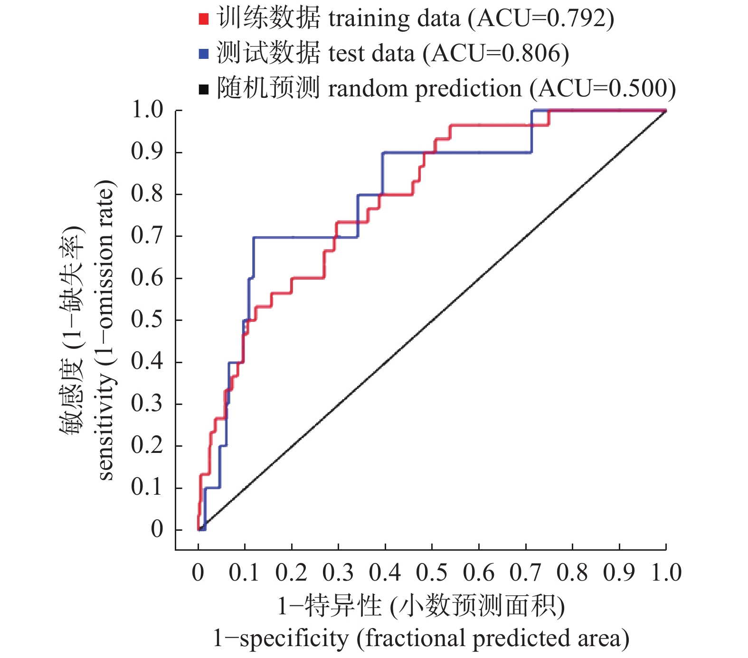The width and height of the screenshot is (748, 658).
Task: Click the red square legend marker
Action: tap(204, 19)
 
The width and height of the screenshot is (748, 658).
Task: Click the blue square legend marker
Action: tap(204, 54)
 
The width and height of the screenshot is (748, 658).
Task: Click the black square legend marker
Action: tap(204, 89)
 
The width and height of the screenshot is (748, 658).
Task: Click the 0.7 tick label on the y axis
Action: tap(147, 235)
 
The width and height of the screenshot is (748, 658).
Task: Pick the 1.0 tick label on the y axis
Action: tap(147, 110)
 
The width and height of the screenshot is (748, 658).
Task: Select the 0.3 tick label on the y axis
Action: tap(147, 404)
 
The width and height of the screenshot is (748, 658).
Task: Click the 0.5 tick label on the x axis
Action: tap(432, 573)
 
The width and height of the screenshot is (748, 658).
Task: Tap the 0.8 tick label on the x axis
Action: tap(572, 573)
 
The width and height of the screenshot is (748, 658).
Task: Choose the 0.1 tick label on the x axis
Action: tap(244, 573)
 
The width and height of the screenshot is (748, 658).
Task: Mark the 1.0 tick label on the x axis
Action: tap(666, 573)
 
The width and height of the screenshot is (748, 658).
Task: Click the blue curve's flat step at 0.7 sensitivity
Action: tap(304, 237)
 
